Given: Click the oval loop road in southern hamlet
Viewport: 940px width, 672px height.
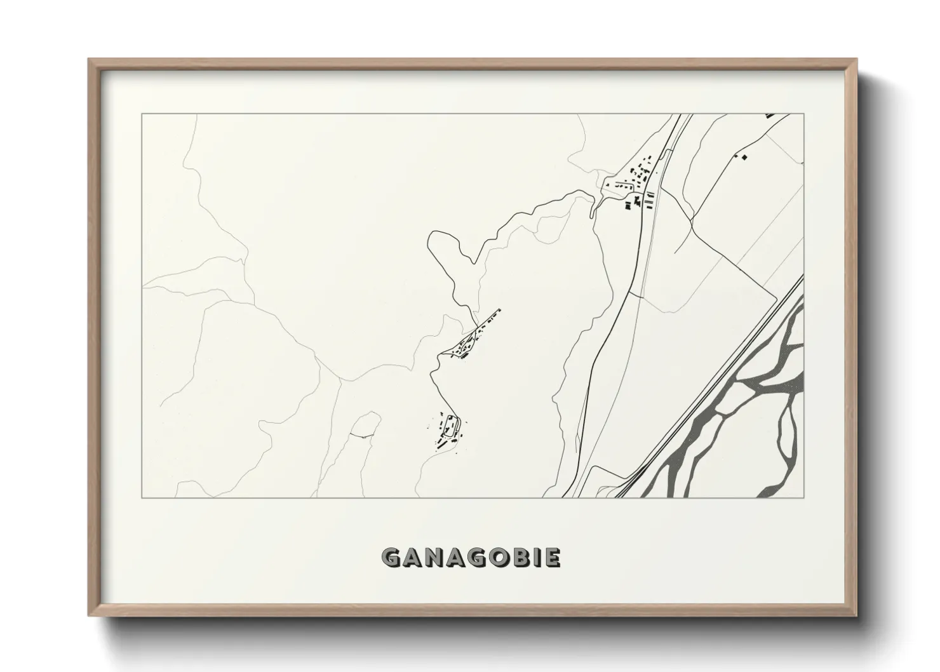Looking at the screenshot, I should [452, 425].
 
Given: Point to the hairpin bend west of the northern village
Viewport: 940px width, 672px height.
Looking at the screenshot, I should [594, 203].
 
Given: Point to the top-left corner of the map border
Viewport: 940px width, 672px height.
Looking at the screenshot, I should [142, 114].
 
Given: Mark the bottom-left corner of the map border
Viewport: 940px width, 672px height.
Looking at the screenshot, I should [142, 497].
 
